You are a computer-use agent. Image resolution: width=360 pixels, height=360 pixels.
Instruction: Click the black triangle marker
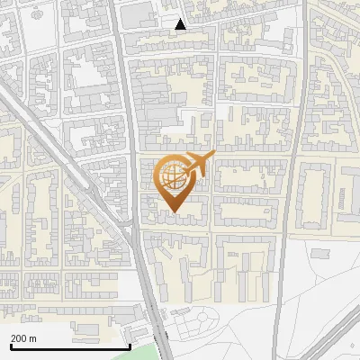click(181, 24)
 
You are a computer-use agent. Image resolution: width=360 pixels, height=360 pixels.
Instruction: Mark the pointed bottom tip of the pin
click(174, 211)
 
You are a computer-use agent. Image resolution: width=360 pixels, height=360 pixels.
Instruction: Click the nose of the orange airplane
click(211, 157)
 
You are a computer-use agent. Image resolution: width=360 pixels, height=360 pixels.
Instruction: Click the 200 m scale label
click(23, 338)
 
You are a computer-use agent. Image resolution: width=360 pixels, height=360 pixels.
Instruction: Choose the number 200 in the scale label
click(19, 338)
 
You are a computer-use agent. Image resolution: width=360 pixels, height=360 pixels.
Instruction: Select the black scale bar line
click(69, 346)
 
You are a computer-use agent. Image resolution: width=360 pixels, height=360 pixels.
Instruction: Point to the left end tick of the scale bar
click(9, 345)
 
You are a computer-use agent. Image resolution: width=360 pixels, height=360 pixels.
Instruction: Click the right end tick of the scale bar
click(130, 345)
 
